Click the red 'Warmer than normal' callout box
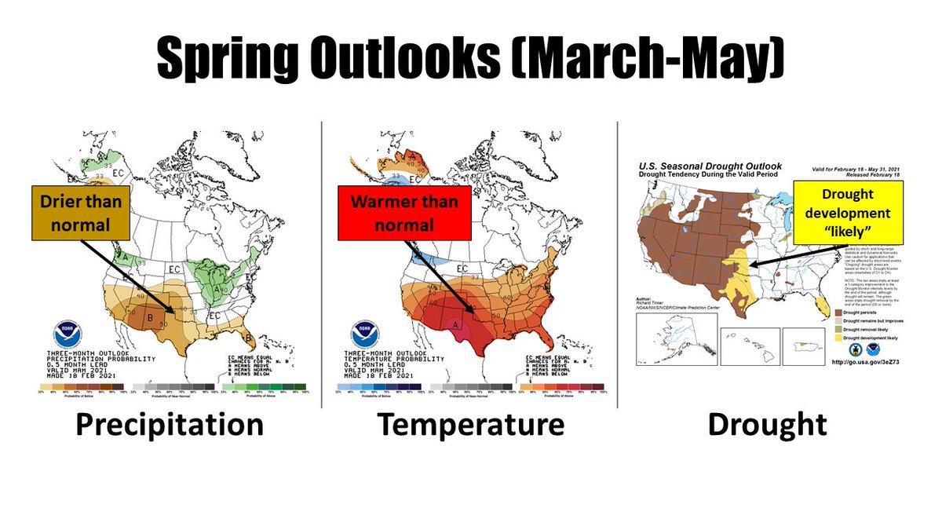click(x=403, y=213)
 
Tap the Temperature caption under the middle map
click(x=471, y=425)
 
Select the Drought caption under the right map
click(x=767, y=425)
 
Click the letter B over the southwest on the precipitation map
click(x=151, y=318)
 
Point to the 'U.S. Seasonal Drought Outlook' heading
click(x=710, y=166)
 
